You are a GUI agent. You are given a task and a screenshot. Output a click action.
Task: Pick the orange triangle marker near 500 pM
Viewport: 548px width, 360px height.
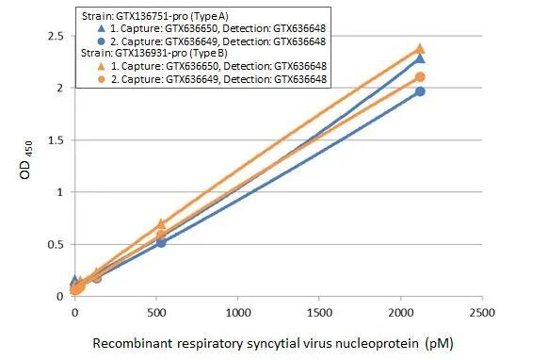161,224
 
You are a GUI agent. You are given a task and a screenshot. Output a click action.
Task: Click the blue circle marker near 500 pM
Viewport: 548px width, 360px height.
161,242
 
